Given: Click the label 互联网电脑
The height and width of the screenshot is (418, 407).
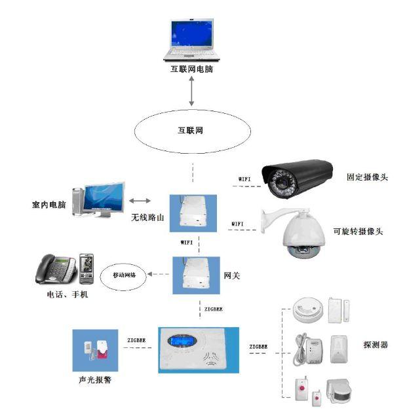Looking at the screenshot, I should point(191,69).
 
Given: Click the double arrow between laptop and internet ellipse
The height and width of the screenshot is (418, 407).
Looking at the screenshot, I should point(191,90).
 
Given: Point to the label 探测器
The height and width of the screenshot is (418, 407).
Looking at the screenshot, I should point(376,344).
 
